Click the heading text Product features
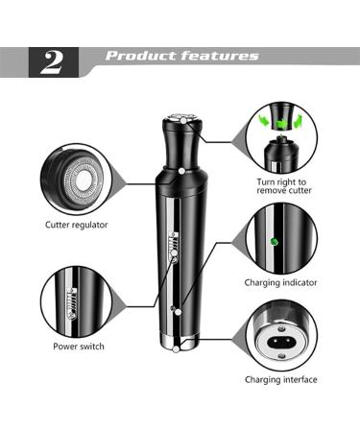[x=181, y=56]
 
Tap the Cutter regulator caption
[x=77, y=226]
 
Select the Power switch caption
[x=79, y=346]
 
